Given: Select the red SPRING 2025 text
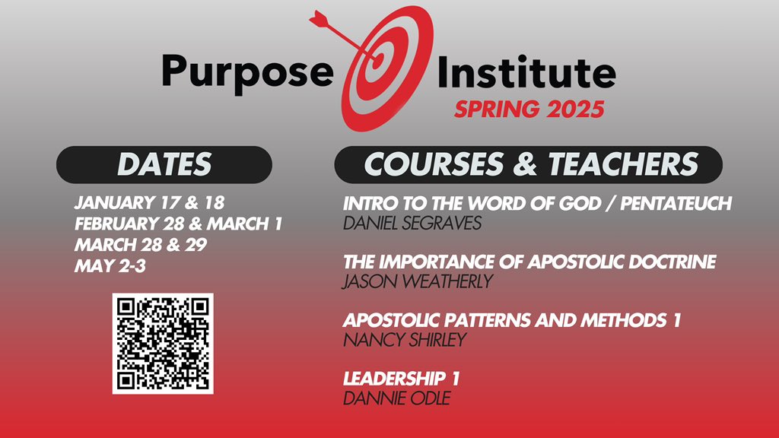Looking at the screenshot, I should [529, 109].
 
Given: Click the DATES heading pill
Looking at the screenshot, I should [164, 164].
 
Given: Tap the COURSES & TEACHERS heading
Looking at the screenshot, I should [529, 164].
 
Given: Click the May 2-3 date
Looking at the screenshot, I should [104, 266].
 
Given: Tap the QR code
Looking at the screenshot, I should [163, 343].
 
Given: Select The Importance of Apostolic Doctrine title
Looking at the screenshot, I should [529, 262].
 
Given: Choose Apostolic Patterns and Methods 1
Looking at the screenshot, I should [511, 320].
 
